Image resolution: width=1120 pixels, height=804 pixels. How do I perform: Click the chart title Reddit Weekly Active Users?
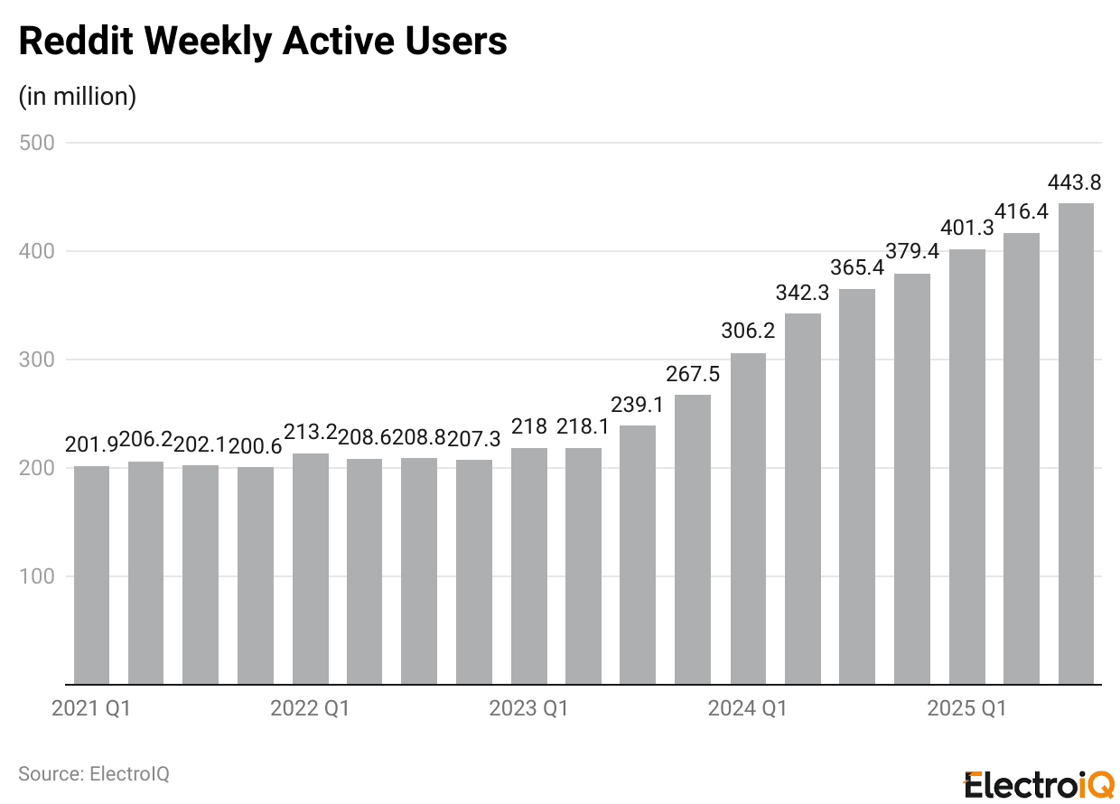coord(263,42)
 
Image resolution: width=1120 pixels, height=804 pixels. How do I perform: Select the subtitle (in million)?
coord(78,96)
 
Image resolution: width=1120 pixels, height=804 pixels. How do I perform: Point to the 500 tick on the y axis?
coord(37,143)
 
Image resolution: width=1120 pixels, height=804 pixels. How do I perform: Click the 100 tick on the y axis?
coord(37,576)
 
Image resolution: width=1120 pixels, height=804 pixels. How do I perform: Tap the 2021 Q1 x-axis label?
coord(91,709)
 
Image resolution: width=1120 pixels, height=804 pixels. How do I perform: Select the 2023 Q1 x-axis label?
coord(528,709)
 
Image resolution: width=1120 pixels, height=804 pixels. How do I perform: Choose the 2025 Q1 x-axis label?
coord(966,709)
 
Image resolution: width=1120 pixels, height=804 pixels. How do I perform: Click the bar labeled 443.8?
coord(1076,444)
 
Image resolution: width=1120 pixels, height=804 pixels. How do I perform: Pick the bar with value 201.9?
coord(91,575)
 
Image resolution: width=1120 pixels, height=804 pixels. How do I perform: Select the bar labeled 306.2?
coord(748,519)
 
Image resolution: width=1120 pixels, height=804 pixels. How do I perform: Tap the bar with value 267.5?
coord(693,539)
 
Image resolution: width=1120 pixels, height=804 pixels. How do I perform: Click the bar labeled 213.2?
coord(310,569)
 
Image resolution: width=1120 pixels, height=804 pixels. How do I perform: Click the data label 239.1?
coord(638,405)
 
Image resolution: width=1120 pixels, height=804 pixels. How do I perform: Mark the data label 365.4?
coord(857,268)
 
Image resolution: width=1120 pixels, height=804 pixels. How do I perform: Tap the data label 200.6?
coord(256,445)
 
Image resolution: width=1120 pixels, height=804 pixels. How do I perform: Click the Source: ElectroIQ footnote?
coord(94,774)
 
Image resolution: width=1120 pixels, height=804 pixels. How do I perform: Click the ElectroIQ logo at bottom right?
coord(1039,783)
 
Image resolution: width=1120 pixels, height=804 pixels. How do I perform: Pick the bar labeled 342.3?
coord(802,499)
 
